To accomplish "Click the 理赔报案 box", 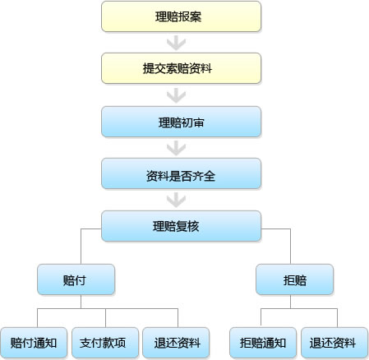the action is coord(181,16).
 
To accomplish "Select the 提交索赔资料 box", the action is coord(181,68).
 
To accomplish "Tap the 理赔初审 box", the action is coord(181,122).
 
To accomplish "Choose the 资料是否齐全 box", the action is coord(181,173).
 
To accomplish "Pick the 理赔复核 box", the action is coord(181,226).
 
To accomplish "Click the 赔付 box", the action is coord(76,279).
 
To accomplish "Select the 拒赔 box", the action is coord(294,279).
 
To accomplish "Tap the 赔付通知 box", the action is coord(34,343).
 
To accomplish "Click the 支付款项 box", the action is coord(105,343).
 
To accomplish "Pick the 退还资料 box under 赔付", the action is coord(176,343).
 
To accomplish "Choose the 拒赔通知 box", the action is coord(263,343).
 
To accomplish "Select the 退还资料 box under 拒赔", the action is coord(334,343).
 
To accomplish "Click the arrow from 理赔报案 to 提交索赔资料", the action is coord(176,43).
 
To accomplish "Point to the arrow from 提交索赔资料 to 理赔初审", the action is coord(176,95).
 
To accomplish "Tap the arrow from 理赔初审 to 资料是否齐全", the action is coord(176,148).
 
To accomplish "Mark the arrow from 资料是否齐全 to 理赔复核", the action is coord(176,200).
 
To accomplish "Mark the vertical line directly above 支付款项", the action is coord(105,318).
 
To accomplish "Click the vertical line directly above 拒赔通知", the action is coord(261,318).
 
